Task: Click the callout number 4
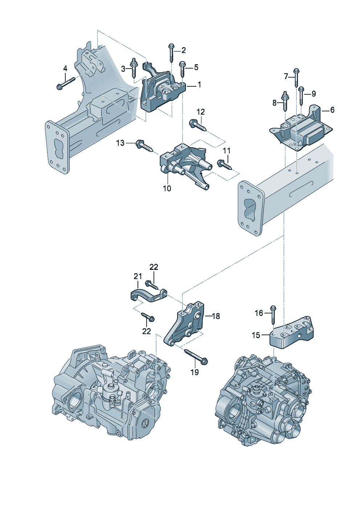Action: coord(65,68)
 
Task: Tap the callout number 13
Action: coord(120,143)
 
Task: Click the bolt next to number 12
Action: coord(198,126)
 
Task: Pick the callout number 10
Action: coord(167,188)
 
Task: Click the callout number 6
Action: coord(332,110)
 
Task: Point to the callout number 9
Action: coord(314,94)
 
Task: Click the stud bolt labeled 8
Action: coord(285,100)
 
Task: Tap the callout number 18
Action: coord(216,316)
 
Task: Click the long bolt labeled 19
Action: coord(196,356)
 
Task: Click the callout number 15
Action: coord(256,335)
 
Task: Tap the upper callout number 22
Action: coord(154,267)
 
